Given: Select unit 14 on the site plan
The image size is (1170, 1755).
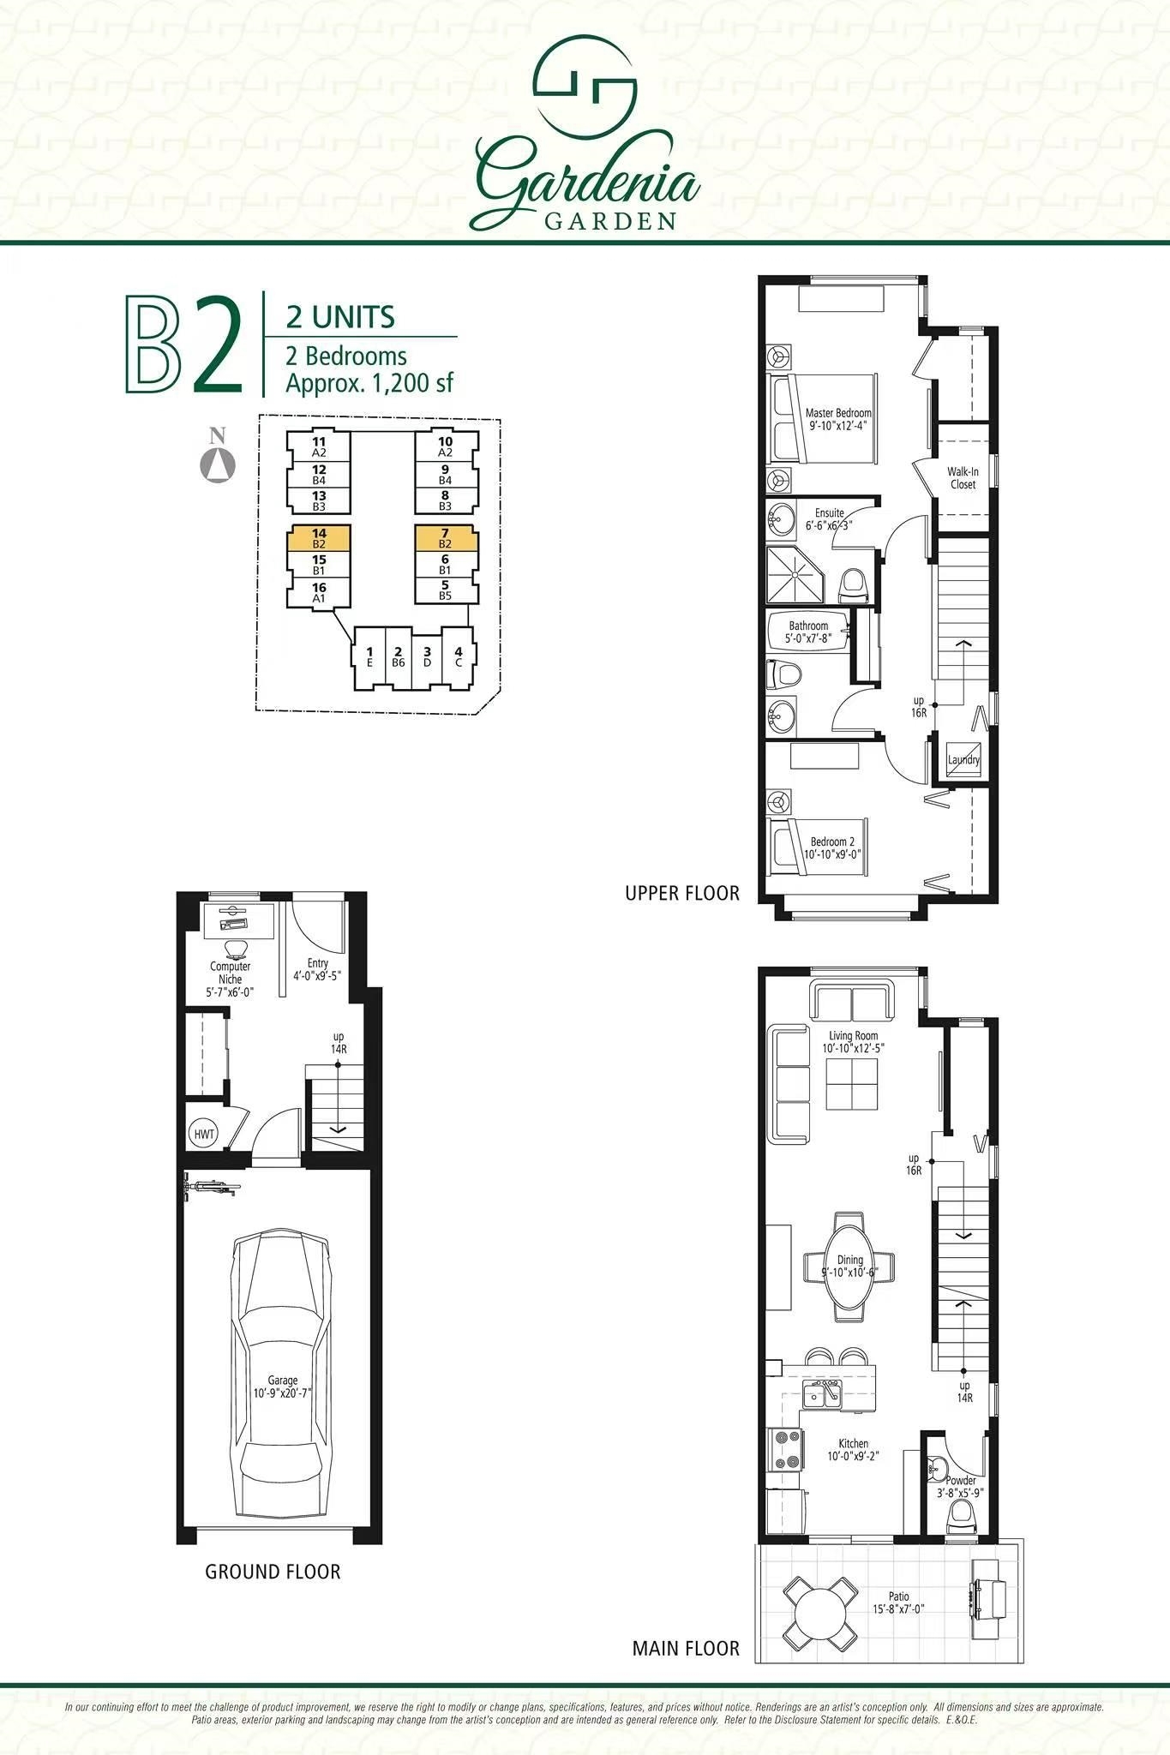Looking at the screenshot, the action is coord(319,538).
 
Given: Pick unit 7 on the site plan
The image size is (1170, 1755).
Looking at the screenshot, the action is coord(446,538).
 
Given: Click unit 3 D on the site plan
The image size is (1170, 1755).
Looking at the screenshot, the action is coord(427,658).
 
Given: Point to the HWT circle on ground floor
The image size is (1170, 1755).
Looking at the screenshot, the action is coord(204,1134).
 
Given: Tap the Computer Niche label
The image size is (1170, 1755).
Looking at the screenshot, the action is coord(231,973).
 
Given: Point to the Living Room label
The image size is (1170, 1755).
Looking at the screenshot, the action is coord(853,1036).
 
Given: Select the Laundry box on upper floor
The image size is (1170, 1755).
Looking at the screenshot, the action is coord(963,759).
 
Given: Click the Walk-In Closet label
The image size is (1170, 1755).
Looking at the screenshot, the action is coord(963,478).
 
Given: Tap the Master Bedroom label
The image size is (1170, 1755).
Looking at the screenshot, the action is coord(838,413).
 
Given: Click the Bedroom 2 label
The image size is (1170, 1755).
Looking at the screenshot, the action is coord(832,842).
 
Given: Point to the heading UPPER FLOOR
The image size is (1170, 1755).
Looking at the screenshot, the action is coord(682,893).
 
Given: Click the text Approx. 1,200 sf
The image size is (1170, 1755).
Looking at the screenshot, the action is coord(369,383).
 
